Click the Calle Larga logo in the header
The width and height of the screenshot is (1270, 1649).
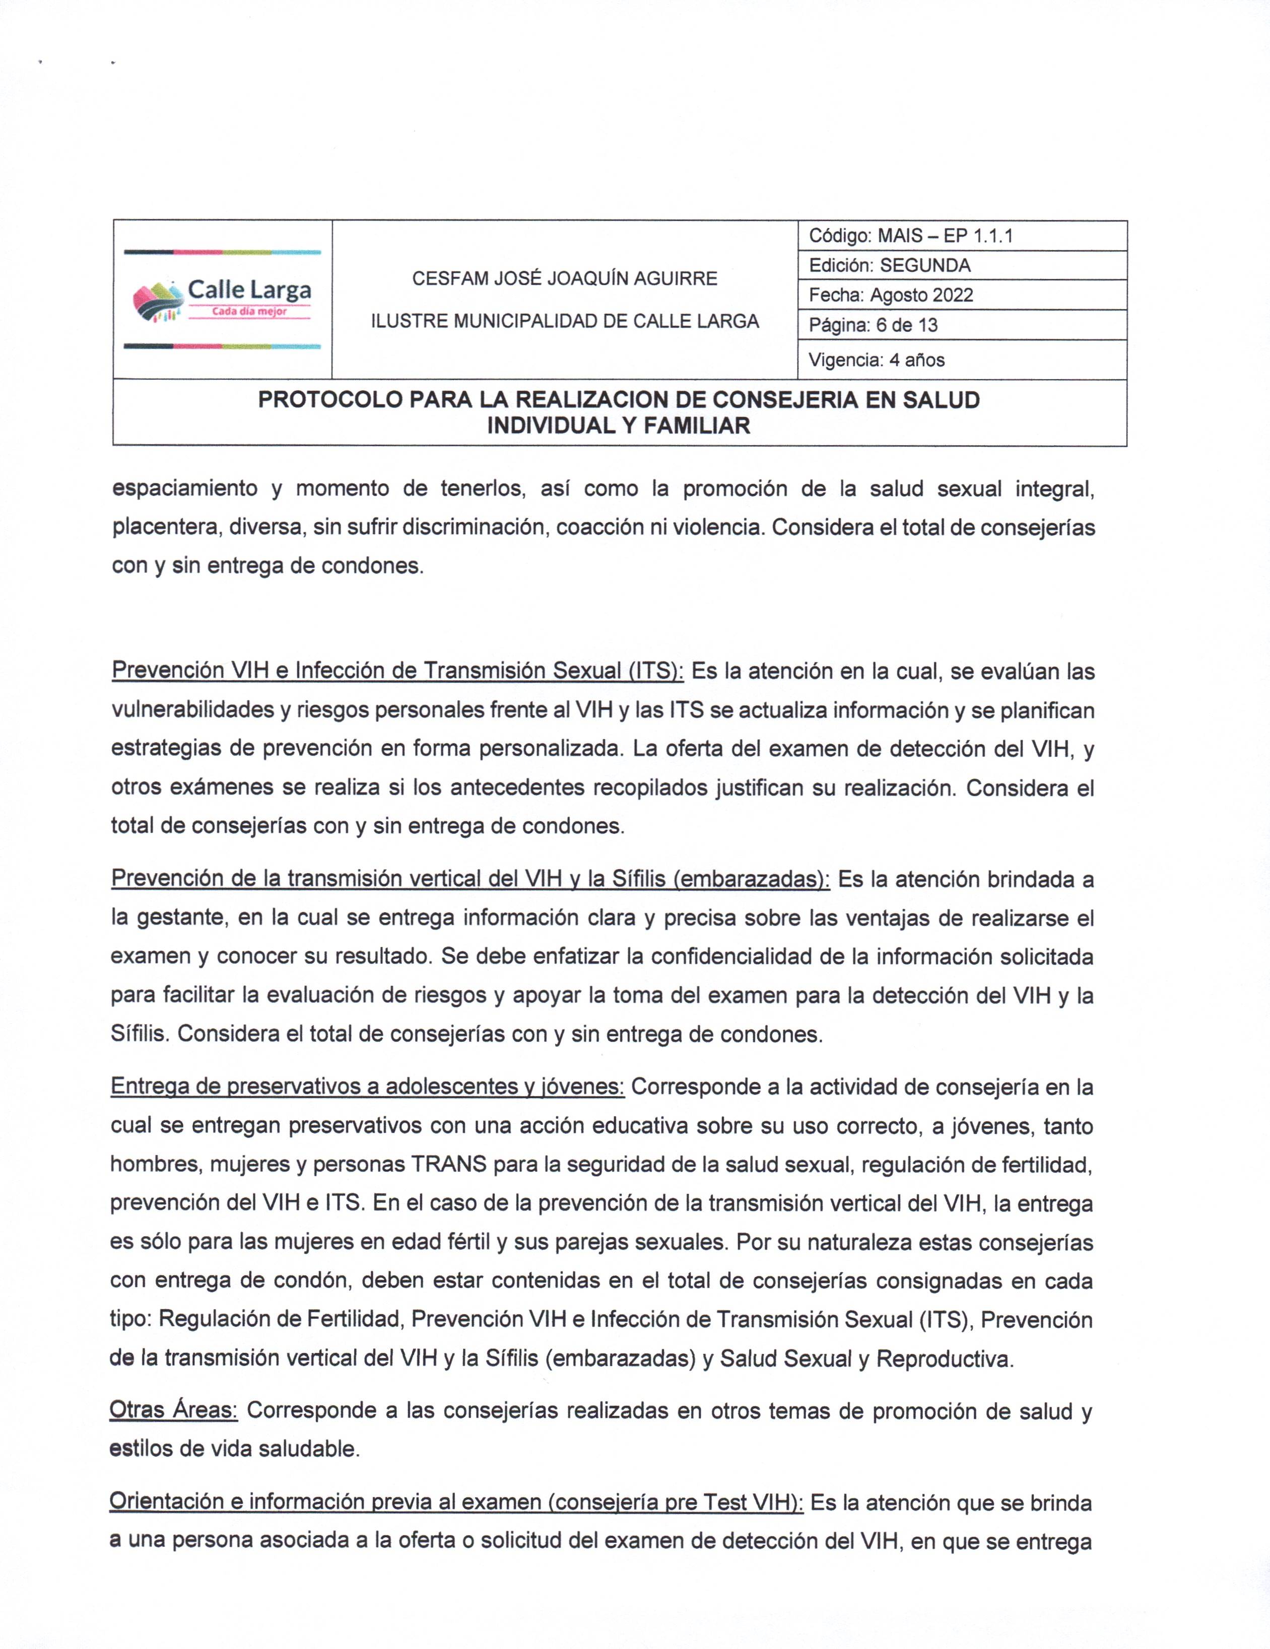(222, 299)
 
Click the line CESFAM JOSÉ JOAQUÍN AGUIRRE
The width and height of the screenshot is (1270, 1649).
(564, 278)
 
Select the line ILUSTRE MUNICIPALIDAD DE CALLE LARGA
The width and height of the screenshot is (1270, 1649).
(564, 322)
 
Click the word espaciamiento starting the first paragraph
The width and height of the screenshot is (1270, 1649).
(185, 488)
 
